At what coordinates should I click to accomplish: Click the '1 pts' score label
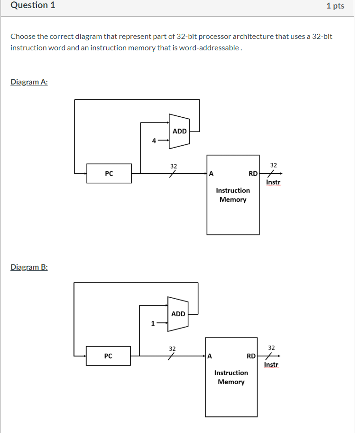335,6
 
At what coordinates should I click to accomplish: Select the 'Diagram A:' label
29,82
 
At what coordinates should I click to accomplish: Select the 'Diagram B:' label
29,267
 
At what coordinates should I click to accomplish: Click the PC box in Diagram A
109,174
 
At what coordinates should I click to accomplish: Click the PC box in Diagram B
108,356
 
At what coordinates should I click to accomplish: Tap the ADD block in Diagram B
178,314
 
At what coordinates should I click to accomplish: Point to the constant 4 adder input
154,141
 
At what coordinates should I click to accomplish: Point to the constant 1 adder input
153,324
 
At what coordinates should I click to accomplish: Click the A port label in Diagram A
211,174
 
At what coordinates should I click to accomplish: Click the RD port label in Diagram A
253,174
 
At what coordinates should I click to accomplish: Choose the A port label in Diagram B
210,356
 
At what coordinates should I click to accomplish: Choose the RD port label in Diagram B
251,356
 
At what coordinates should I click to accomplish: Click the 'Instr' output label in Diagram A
273,182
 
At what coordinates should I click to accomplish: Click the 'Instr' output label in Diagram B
271,365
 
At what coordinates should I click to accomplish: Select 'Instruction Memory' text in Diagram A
233,195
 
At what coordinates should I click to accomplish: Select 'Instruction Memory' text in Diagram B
231,377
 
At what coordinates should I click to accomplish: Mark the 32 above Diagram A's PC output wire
174,166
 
